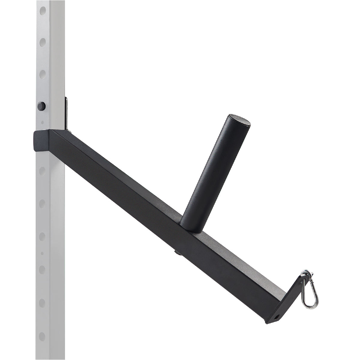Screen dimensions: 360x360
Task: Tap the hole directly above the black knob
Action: (42, 73)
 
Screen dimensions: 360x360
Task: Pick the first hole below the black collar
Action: (42, 170)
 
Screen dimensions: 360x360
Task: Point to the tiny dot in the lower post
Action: (42, 253)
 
